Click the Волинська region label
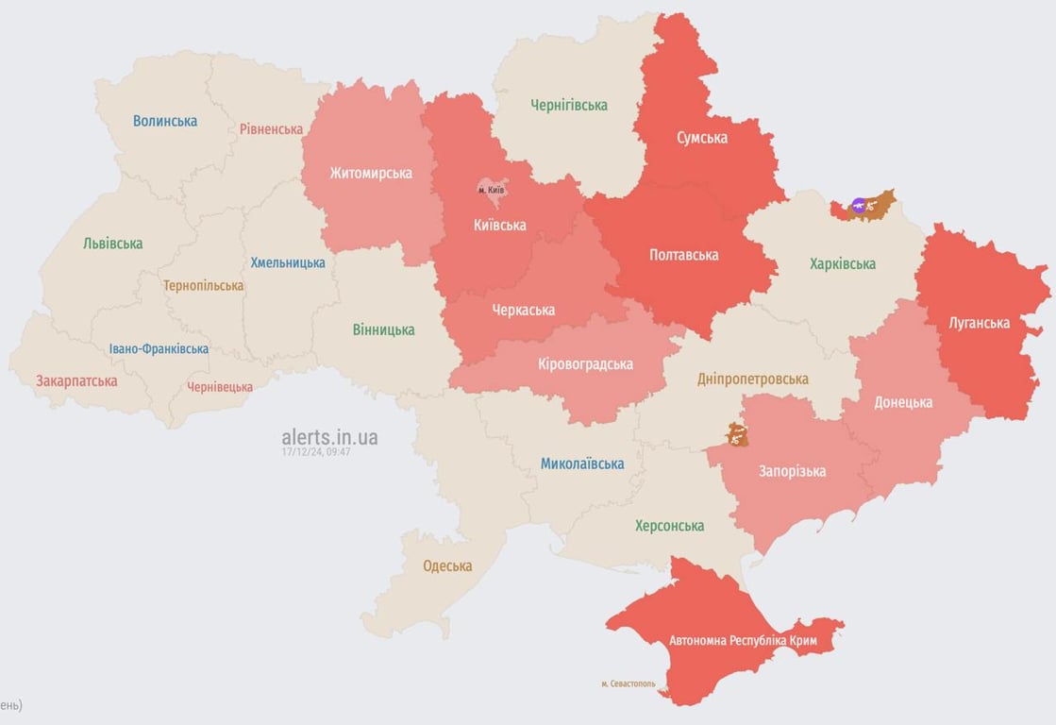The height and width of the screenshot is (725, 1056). click(165, 121)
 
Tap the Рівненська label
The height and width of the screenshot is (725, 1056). click(271, 129)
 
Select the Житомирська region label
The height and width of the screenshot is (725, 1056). click(371, 173)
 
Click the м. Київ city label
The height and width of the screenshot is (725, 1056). click(492, 190)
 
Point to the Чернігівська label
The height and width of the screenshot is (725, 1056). click(569, 105)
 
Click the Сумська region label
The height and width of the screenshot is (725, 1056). click(702, 138)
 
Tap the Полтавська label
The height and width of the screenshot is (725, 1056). click(684, 255)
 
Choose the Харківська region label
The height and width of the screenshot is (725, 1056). click(843, 264)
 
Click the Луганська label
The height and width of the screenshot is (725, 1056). click(980, 323)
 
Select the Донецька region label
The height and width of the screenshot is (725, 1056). click(903, 402)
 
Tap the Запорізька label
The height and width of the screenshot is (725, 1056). click(793, 471)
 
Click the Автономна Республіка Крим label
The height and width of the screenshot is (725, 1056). click(743, 641)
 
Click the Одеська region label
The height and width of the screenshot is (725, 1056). click(447, 566)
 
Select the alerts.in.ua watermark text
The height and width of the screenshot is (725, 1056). click(329, 437)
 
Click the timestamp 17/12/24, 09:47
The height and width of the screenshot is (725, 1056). click(315, 452)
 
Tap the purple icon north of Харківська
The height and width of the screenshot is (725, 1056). click(859, 204)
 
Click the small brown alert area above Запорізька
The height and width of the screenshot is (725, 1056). click(737, 435)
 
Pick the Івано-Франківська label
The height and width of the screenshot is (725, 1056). click(159, 349)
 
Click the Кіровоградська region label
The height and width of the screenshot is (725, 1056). click(586, 364)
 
